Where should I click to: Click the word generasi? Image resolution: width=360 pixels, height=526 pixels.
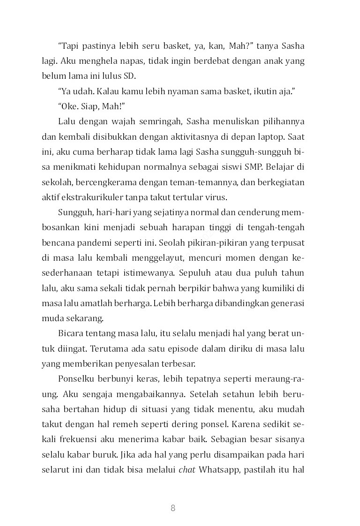pos(287,303)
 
